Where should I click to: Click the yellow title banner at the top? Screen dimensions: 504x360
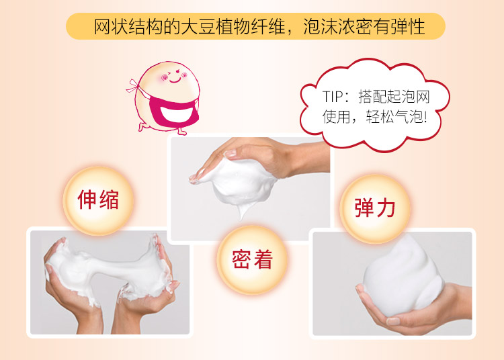[x=255, y=26]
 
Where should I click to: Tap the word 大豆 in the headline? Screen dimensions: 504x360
[x=198, y=26]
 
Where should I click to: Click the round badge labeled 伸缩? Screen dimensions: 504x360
[x=98, y=200]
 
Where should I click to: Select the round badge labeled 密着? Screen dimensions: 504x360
[x=252, y=259]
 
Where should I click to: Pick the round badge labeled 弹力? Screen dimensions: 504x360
[x=375, y=208]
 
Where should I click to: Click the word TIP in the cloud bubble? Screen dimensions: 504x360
[x=333, y=97]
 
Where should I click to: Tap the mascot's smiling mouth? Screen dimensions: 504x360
[x=175, y=79]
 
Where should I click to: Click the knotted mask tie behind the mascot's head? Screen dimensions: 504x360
[x=133, y=86]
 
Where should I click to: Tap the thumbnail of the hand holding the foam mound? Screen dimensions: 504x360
[x=392, y=283]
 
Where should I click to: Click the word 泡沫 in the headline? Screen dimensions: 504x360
[x=321, y=26]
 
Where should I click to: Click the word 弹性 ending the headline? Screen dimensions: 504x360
[x=408, y=26]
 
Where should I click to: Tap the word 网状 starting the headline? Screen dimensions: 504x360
[x=111, y=26]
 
